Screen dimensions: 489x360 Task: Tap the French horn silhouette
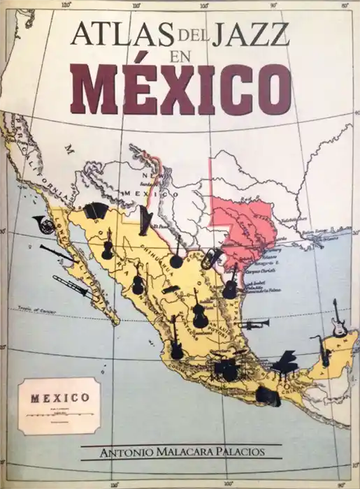pos(43,225)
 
